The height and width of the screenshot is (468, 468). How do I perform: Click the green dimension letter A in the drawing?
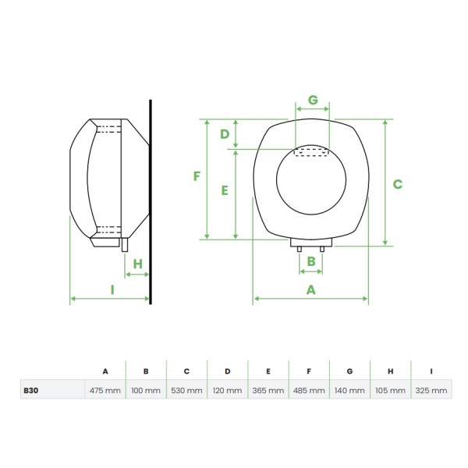coord(310,289)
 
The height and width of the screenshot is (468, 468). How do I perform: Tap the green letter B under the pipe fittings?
coord(310,261)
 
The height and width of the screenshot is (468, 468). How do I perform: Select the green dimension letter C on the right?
coord(397,184)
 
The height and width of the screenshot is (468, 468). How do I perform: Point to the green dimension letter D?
coord(225,134)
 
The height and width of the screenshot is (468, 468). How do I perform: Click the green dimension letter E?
coord(225,190)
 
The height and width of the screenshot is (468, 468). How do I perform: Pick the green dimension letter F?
coord(197,177)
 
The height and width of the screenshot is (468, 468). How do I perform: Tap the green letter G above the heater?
coord(313,100)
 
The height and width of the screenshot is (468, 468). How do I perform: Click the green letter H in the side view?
coord(137,264)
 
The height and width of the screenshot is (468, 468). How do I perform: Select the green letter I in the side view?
coord(112,289)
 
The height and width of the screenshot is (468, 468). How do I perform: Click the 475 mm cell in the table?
coord(105,390)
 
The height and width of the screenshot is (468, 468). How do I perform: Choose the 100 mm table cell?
coord(146,390)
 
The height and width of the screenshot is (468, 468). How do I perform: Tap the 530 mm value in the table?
coord(186,390)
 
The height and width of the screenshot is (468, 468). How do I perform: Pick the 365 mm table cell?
coord(268,390)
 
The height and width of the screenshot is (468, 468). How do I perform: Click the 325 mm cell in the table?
coord(431,390)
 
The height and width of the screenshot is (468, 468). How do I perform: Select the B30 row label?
coord(30,390)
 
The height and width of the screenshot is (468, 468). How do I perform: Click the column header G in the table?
coord(349,372)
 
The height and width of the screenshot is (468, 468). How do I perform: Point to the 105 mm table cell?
coord(390,390)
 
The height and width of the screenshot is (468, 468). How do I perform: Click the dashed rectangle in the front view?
coord(312,152)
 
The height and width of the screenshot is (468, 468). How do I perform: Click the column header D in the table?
coord(227,372)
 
